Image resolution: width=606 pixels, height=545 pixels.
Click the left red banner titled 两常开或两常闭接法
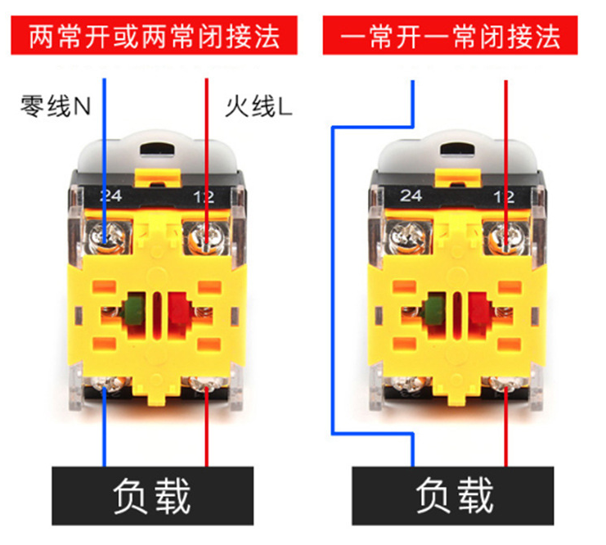(155, 36)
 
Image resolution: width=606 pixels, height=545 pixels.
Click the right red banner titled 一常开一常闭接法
(451, 36)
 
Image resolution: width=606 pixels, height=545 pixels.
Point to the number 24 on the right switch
(411, 196)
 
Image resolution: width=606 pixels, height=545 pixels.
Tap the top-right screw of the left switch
(203, 238)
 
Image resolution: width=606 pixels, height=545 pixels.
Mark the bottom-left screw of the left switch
(106, 385)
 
